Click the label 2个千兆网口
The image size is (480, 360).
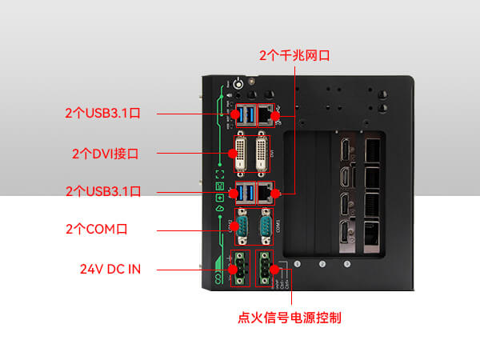click(294, 55)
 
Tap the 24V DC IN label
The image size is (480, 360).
click(110, 269)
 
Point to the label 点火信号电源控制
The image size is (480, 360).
click(290, 318)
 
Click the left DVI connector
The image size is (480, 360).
click(242, 154)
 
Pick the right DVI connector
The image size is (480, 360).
click(263, 154)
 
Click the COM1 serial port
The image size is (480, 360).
click(264, 228)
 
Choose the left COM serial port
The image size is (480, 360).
click(242, 228)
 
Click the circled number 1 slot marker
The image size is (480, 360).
click(298, 264)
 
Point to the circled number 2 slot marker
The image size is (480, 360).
click(322, 264)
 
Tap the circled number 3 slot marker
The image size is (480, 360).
click(347, 264)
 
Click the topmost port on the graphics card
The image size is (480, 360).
click(346, 150)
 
